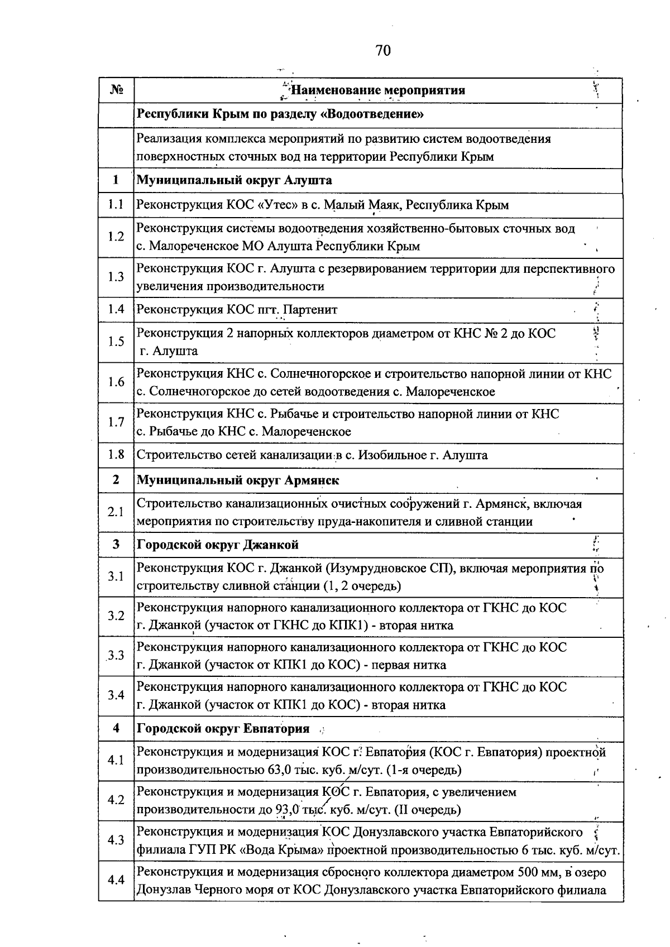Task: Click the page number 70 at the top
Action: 383,51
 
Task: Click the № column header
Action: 116,90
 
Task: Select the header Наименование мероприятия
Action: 379,90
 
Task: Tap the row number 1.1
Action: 116,205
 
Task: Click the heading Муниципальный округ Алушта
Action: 234,180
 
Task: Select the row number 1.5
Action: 116,342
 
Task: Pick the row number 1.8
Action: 116,455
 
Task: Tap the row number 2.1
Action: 116,512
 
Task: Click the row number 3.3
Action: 116,656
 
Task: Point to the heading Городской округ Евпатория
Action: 223,728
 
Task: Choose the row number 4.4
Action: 116,880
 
